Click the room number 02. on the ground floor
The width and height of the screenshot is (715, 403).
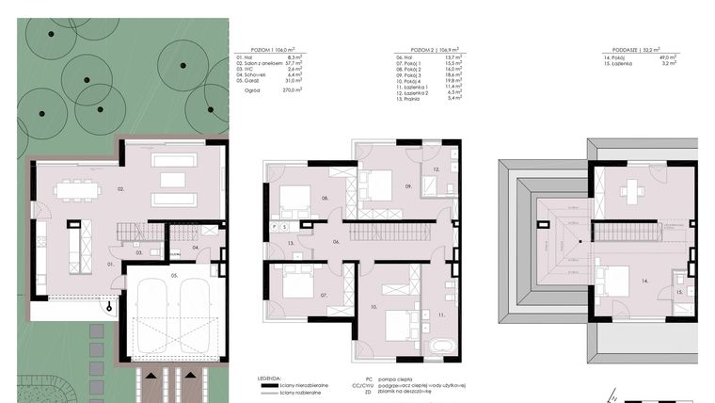click(x=120, y=189)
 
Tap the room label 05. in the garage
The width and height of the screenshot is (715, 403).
click(x=174, y=275)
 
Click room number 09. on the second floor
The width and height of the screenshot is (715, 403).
click(x=409, y=186)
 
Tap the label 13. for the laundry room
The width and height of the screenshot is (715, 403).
click(x=292, y=243)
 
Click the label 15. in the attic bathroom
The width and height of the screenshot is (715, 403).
click(x=678, y=293)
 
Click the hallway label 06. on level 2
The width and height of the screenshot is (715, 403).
click(x=335, y=242)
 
